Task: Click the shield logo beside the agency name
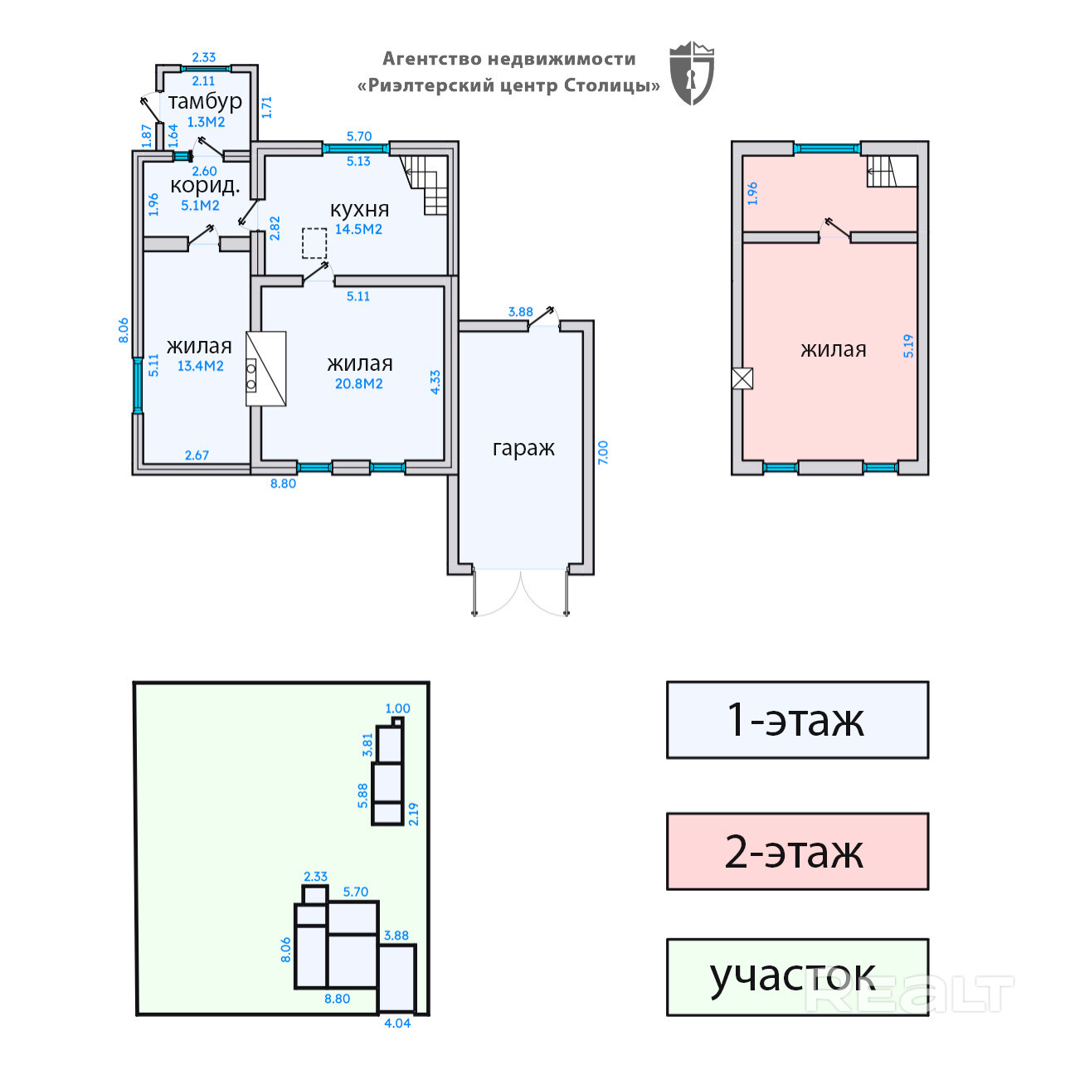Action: point(691,73)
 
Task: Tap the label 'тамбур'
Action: point(205,101)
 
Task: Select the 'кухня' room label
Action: point(359,209)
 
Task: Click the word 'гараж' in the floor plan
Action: point(523,448)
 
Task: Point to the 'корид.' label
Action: point(204,185)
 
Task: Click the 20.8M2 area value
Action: point(358,384)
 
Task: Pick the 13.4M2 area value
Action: point(200,366)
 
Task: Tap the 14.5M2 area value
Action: point(358,230)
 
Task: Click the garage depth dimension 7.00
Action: point(603,452)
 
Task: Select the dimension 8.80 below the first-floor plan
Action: point(283,484)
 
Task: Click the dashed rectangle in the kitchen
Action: point(314,244)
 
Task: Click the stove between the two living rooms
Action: point(265,369)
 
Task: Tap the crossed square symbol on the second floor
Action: point(742,378)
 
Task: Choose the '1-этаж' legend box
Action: point(796,720)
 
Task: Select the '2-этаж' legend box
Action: point(796,852)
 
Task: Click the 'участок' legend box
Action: point(796,977)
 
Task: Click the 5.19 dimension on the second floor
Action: point(908,346)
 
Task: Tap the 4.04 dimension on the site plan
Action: point(397,1024)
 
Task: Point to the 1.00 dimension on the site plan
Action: point(397,708)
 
